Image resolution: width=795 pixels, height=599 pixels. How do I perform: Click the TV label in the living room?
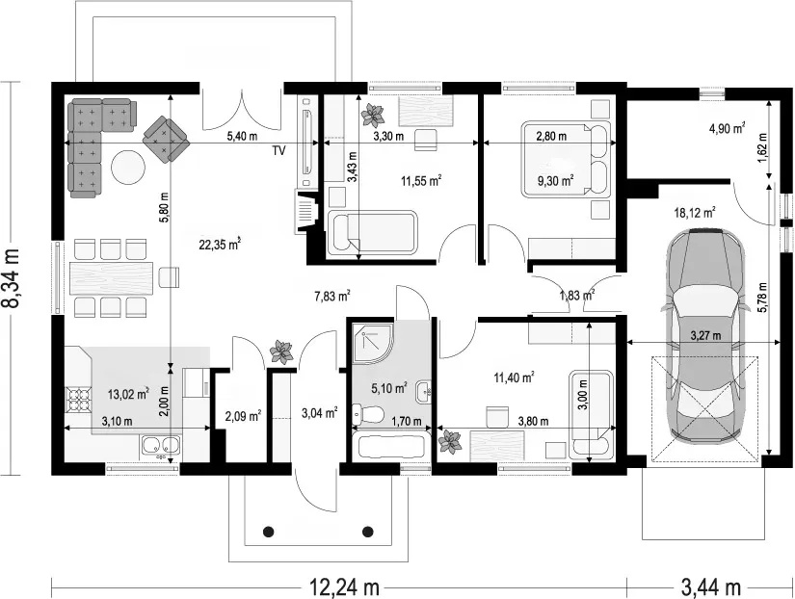(278, 150)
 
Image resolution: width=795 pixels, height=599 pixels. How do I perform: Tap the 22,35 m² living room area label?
(220, 245)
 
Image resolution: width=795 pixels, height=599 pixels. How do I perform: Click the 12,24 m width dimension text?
(345, 587)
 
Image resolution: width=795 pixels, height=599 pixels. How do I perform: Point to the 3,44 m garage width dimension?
(711, 587)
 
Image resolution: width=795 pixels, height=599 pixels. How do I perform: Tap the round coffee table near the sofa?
(128, 168)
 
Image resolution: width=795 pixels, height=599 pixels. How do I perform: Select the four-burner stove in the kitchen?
(79, 400)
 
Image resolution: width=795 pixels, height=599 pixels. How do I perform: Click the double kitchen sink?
(161, 446)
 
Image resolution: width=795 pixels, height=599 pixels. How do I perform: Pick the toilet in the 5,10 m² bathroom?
(367, 415)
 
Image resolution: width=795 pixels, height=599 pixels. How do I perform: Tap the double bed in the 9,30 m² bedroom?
(566, 159)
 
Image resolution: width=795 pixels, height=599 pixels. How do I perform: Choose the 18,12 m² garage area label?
(695, 212)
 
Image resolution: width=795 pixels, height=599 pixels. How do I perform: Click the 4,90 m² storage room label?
(727, 128)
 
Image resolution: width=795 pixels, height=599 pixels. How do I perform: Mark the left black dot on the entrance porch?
(269, 532)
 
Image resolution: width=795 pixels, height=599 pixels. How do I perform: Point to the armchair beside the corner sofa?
(166, 139)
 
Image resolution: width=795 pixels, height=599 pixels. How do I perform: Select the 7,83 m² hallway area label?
(332, 296)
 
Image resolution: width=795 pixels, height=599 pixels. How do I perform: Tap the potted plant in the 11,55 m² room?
(373, 115)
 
